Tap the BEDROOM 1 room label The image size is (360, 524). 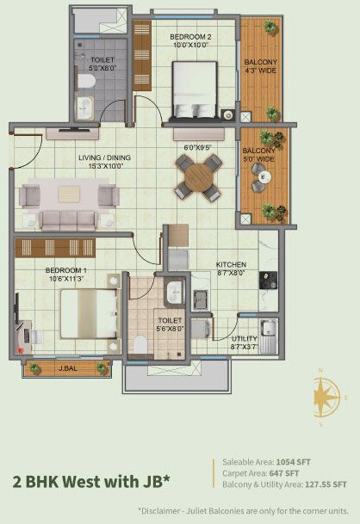(x=64, y=270)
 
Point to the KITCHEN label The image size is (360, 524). (x=231, y=264)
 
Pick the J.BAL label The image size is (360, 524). (x=67, y=369)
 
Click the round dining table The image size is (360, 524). (x=196, y=177)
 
